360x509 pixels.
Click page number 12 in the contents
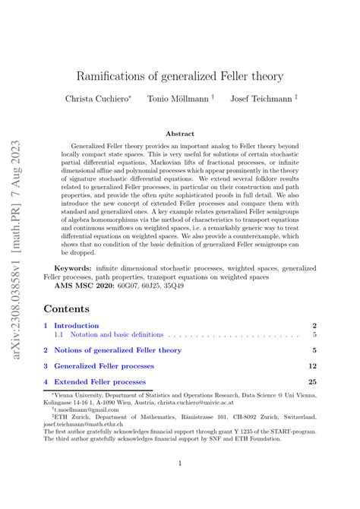pos(311,366)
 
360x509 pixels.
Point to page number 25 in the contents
pos(311,382)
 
